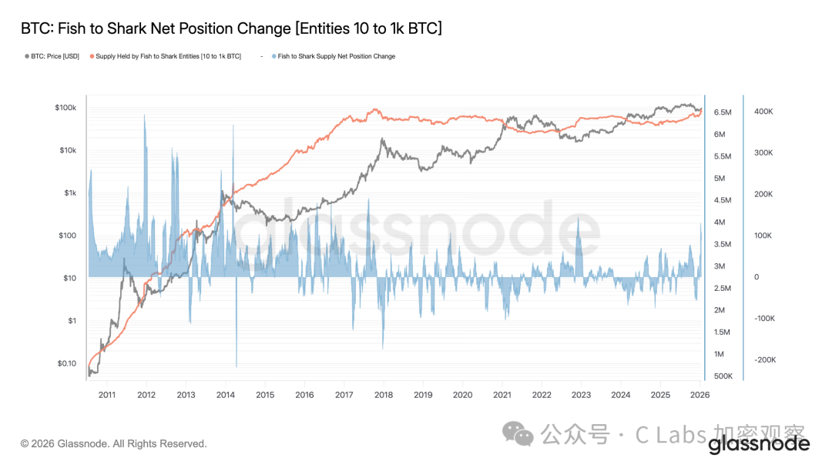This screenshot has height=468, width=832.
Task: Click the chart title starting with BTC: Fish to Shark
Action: point(231,28)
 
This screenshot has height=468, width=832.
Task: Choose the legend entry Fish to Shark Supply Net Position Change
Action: point(336,56)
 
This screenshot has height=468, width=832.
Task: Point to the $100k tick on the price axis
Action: point(65,108)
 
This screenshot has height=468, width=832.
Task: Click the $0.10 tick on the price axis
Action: point(67,363)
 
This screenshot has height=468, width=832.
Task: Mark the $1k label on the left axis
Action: point(69,193)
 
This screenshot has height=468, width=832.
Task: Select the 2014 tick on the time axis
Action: point(226,395)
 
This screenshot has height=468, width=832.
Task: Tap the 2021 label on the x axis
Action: point(502,395)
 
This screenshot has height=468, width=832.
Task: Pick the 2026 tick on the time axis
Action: point(699,395)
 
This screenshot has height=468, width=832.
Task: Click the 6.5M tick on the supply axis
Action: point(722,112)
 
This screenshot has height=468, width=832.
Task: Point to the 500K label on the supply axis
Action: point(723,376)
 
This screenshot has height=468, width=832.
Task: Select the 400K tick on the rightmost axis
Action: point(763,112)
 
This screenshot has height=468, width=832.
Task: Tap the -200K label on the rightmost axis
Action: point(764,359)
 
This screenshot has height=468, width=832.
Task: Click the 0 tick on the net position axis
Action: point(756,277)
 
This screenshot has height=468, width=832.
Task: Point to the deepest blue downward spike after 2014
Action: point(236,366)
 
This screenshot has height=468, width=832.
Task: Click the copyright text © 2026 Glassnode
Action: point(113,444)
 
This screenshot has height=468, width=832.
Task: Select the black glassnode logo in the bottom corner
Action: point(758,444)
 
